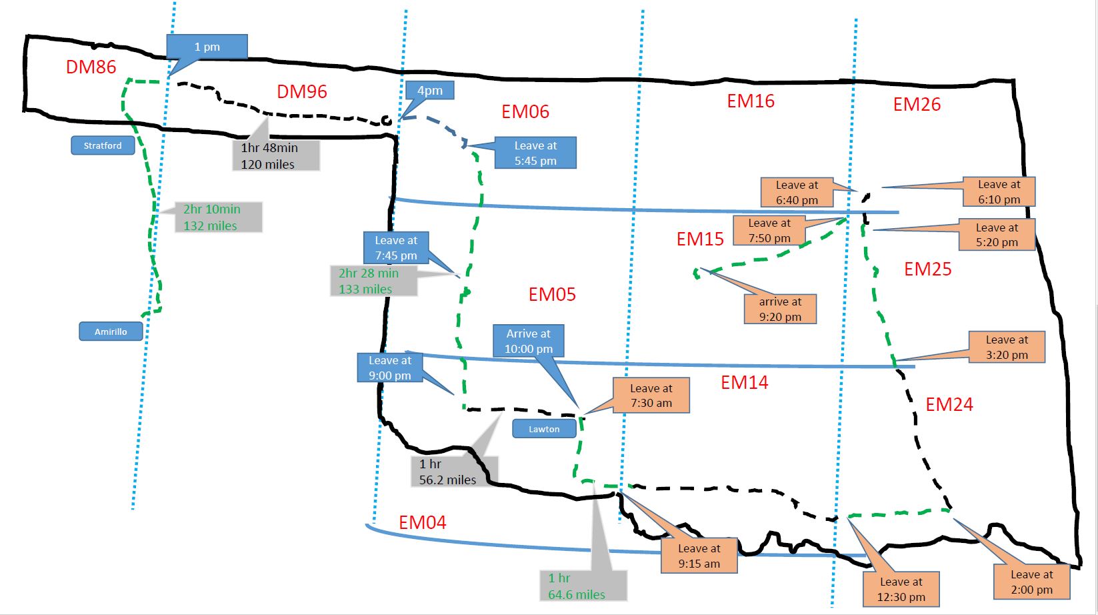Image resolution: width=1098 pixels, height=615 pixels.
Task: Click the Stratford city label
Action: point(103,145)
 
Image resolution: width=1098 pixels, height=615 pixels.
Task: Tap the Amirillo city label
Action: point(111,332)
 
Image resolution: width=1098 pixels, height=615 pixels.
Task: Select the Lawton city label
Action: point(544,429)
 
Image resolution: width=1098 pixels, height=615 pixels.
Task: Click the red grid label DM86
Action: point(91,67)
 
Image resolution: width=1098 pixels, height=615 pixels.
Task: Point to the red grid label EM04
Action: point(422,522)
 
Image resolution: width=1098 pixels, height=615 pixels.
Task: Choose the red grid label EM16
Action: point(751,101)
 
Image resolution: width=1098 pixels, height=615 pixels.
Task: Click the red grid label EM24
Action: point(949,404)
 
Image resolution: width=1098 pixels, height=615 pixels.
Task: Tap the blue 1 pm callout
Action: point(207,47)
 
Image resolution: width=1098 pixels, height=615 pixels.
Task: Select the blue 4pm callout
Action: point(430,91)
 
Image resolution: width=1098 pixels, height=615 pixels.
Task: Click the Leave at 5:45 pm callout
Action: point(535,153)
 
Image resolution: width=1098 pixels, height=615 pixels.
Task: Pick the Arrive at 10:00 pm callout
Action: point(529,341)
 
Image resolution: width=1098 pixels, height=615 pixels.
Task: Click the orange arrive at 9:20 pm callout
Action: point(780,309)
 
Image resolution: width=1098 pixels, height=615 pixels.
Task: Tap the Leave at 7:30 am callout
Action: point(651,396)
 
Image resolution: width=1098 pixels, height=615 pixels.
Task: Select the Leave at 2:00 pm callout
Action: point(1031,582)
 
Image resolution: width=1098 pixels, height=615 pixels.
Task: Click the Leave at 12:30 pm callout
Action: point(901,589)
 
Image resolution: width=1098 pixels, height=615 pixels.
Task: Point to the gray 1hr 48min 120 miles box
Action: point(275,155)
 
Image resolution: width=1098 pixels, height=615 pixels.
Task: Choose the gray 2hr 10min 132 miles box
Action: point(218,217)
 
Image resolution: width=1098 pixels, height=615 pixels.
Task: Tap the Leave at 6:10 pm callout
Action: point(999,191)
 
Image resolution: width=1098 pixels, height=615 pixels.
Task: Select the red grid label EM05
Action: point(552,294)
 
